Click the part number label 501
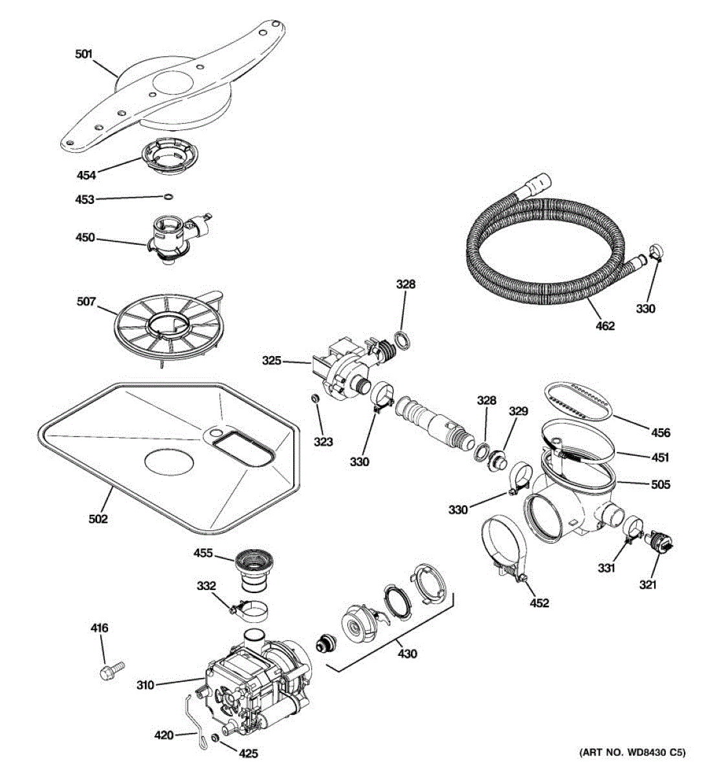coord(83,54)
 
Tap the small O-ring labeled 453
coord(168,197)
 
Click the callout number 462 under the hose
coord(605,326)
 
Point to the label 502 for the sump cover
coord(98,518)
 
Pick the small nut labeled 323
coord(315,416)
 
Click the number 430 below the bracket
coord(407,653)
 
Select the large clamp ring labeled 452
coord(505,544)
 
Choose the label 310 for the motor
coord(146,684)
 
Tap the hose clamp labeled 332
coord(249,609)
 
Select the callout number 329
coord(518,411)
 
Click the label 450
coord(85,238)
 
